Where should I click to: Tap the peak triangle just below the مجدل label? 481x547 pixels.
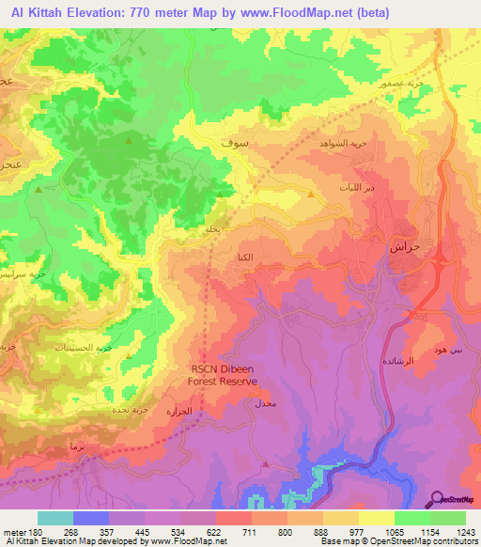pos(265,464)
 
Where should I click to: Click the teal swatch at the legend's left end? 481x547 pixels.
pos(55,518)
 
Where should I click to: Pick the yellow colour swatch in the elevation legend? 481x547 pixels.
pos(376,518)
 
